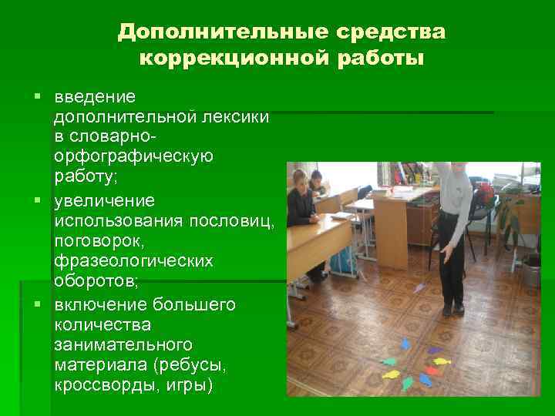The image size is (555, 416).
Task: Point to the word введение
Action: pyautogui.click(x=95, y=97)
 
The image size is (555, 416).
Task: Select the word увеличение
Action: pyautogui.click(x=104, y=201)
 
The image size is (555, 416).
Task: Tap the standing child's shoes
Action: pyautogui.click(x=452, y=309)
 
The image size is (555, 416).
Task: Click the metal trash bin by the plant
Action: pyautogui.click(x=531, y=270)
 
